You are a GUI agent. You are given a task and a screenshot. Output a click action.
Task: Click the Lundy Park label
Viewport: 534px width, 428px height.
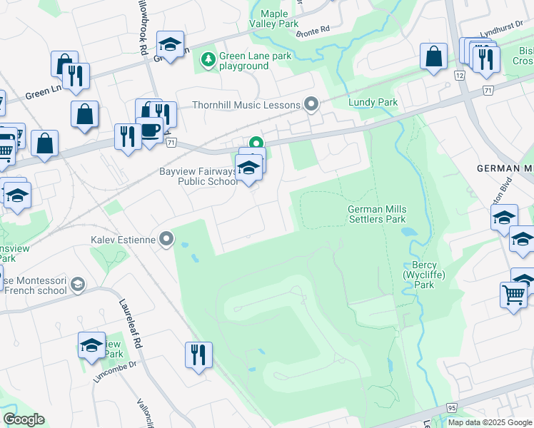tap(373, 103)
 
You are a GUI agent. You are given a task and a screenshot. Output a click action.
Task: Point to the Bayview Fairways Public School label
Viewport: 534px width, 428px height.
tap(197, 176)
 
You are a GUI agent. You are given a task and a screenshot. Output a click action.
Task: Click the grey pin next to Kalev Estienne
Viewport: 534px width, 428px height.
tap(166, 240)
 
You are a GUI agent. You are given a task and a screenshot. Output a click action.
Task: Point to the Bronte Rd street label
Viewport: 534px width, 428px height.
tap(315, 31)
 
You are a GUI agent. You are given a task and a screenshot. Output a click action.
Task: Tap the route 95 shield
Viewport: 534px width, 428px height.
tap(451, 407)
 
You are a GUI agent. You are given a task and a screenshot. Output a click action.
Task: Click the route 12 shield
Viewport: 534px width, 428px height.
tap(458, 75)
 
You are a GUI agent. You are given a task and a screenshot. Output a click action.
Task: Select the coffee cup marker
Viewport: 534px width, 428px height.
tap(151, 131)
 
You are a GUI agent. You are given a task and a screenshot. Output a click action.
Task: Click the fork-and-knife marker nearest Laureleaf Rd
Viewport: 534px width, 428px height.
tap(198, 354)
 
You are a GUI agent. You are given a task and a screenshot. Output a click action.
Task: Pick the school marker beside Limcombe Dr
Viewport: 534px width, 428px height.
tap(91, 346)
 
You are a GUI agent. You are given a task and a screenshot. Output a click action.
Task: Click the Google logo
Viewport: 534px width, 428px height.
tap(24, 419)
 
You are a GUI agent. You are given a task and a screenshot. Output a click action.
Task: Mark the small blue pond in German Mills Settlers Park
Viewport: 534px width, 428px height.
tap(408, 232)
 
